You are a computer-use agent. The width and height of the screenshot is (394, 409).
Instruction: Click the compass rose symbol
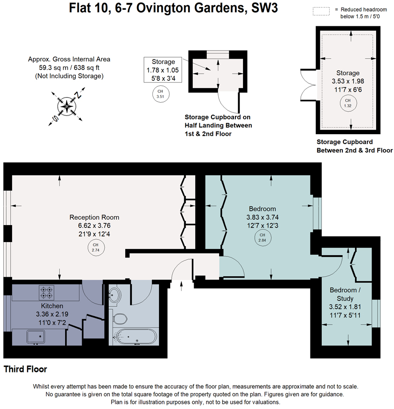[68, 106]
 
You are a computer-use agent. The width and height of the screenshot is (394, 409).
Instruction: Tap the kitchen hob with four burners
[46, 293]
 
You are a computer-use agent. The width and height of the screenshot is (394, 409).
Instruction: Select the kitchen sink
[36, 336]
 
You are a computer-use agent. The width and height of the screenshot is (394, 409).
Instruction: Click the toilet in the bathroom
[120, 319]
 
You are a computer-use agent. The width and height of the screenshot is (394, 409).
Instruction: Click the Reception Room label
[94, 217]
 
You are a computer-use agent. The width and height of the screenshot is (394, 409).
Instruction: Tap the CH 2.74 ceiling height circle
[96, 247]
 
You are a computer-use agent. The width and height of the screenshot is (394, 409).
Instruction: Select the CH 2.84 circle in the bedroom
[262, 238]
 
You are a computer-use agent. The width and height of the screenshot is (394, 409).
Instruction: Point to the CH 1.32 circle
[348, 103]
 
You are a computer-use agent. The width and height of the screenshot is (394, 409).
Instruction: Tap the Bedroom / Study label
[345, 294]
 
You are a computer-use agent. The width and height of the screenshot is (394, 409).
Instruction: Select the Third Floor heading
[25, 370]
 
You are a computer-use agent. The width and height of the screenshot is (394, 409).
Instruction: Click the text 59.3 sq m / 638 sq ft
[69, 68]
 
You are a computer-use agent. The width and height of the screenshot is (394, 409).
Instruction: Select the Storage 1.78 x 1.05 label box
[163, 70]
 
